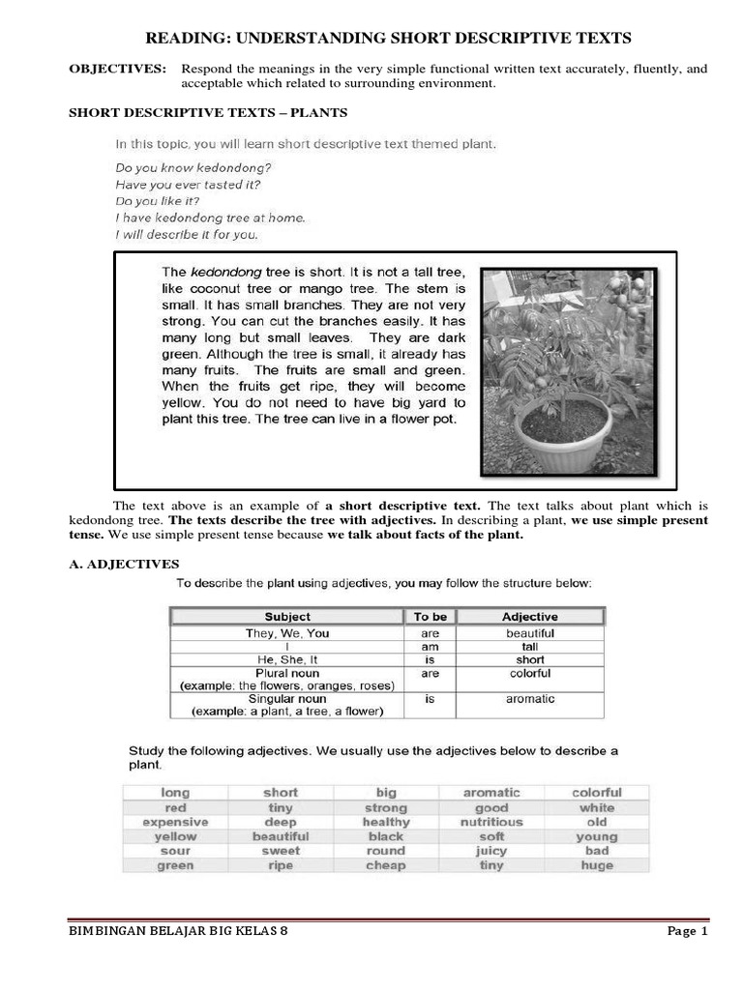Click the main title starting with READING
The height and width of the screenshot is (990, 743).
[388, 38]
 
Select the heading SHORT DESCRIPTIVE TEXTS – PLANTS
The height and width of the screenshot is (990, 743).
[207, 113]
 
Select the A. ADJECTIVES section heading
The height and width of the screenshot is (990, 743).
[124, 564]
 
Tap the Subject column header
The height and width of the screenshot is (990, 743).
[287, 616]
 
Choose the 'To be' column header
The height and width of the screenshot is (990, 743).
[431, 616]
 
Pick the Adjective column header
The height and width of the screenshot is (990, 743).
[529, 616]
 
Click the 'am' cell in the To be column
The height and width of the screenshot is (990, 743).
[431, 646]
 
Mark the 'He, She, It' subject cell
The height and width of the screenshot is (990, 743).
[287, 659]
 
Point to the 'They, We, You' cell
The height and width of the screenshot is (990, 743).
[287, 633]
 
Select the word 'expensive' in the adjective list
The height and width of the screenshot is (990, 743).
[175, 822]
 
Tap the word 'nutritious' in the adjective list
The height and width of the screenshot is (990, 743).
[491, 822]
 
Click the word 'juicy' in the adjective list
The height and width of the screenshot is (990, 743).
[491, 851]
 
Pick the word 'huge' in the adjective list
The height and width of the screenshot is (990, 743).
[597, 865]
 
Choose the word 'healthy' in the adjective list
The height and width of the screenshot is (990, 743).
[386, 822]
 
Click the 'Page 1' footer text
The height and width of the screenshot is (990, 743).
[688, 932]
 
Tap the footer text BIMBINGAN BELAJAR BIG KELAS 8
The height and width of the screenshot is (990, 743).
[179, 932]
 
